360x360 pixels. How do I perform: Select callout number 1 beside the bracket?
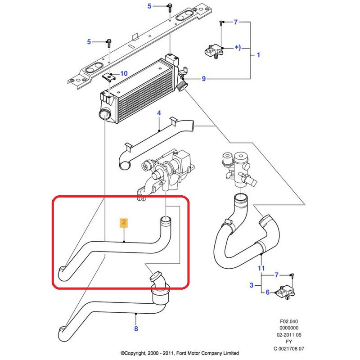(258, 55)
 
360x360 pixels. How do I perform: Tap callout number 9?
(203, 79)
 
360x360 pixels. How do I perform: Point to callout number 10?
(124, 73)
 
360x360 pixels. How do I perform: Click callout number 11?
(259, 268)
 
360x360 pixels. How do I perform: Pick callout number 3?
(252, 284)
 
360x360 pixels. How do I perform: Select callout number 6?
(267, 292)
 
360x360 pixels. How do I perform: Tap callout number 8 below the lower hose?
(136, 328)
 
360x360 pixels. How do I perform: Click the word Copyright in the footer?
(135, 353)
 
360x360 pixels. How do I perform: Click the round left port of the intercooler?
(104, 113)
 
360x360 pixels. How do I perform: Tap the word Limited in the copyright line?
(229, 353)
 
